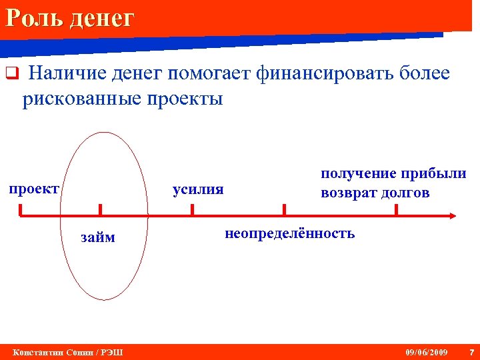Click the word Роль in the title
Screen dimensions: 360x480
31,18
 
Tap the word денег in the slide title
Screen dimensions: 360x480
99,18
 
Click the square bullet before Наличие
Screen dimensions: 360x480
10,74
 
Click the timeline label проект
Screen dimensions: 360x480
33,189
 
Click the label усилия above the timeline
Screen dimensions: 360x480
198,189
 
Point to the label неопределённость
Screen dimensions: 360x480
290,234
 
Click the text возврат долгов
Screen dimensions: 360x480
375,193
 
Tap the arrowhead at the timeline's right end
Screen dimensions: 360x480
452,215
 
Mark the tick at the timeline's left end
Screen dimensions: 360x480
21,210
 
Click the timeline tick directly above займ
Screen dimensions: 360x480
101,210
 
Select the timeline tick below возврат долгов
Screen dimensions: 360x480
397,210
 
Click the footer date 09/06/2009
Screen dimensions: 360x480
427,352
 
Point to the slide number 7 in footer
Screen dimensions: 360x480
471,352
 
